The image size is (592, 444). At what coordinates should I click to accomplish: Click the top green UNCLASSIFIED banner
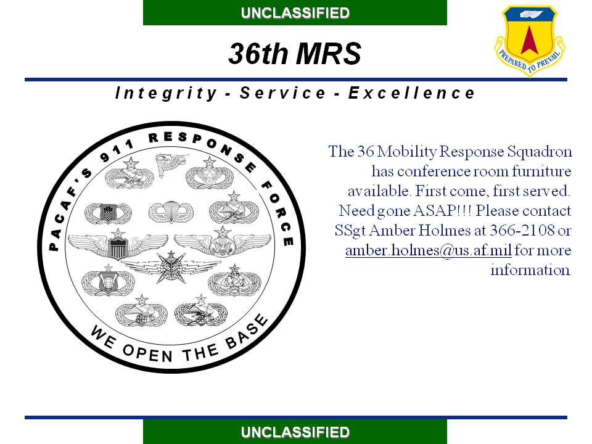(x=295, y=12)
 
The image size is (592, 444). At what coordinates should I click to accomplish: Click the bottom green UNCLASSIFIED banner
(x=295, y=432)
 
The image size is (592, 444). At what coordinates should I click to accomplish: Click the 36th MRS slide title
(x=295, y=53)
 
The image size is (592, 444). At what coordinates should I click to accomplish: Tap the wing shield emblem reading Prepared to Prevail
(x=530, y=41)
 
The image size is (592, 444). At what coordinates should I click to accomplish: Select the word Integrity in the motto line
(x=166, y=93)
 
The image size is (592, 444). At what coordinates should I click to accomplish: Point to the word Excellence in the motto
(x=411, y=93)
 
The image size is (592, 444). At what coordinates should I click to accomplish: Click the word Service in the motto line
(x=282, y=93)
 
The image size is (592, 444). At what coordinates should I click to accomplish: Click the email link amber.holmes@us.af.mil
(x=429, y=250)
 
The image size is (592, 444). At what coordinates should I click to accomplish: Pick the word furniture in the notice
(x=541, y=171)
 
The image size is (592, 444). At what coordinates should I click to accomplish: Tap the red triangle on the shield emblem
(x=529, y=40)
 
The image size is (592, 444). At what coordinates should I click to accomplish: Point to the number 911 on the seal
(x=117, y=151)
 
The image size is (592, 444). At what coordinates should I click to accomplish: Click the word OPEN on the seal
(x=147, y=353)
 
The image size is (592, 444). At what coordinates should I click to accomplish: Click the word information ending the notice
(x=530, y=270)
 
